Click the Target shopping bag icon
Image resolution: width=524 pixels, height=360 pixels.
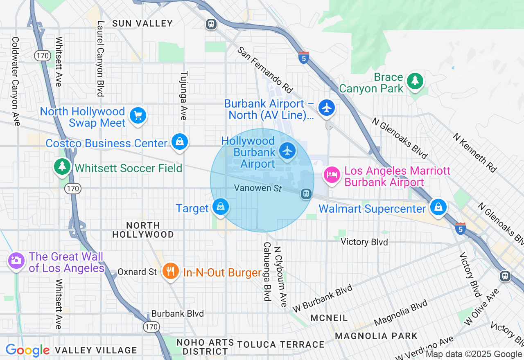[x=221, y=207]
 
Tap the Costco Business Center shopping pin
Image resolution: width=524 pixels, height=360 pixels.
[x=179, y=142]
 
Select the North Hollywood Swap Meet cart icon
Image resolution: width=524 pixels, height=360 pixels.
[x=138, y=116]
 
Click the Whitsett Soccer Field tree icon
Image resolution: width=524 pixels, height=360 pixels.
[x=62, y=166]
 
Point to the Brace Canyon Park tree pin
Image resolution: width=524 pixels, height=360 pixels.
[x=415, y=81]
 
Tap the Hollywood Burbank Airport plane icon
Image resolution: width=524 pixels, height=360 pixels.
[x=288, y=151]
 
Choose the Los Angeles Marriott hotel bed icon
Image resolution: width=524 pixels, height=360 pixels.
[x=332, y=175]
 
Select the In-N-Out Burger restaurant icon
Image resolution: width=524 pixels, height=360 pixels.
[x=170, y=271]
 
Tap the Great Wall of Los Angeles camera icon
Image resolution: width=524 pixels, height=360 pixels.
[x=16, y=260]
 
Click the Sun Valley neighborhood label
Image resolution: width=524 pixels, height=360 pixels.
[x=142, y=24]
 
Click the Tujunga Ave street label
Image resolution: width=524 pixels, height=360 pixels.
[x=184, y=96]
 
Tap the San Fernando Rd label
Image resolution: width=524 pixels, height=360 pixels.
[x=266, y=69]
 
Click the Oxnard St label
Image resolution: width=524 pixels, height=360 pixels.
[x=137, y=272]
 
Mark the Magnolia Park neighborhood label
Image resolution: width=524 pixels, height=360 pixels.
[x=376, y=336]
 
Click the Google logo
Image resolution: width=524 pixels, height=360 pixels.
[x=27, y=350]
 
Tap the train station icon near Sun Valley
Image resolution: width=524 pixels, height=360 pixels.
[x=211, y=24]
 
